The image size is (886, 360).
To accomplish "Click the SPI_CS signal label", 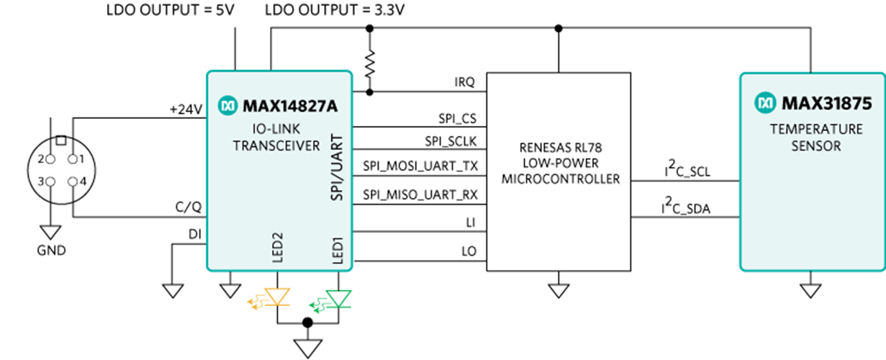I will point(458,117).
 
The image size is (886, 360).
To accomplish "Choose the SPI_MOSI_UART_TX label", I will point(420,166).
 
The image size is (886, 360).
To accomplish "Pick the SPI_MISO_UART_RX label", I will point(420,194).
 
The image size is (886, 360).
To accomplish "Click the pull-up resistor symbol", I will point(370,65).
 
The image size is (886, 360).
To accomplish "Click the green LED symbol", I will point(337,297).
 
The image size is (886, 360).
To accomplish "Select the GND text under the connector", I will point(50,251).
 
